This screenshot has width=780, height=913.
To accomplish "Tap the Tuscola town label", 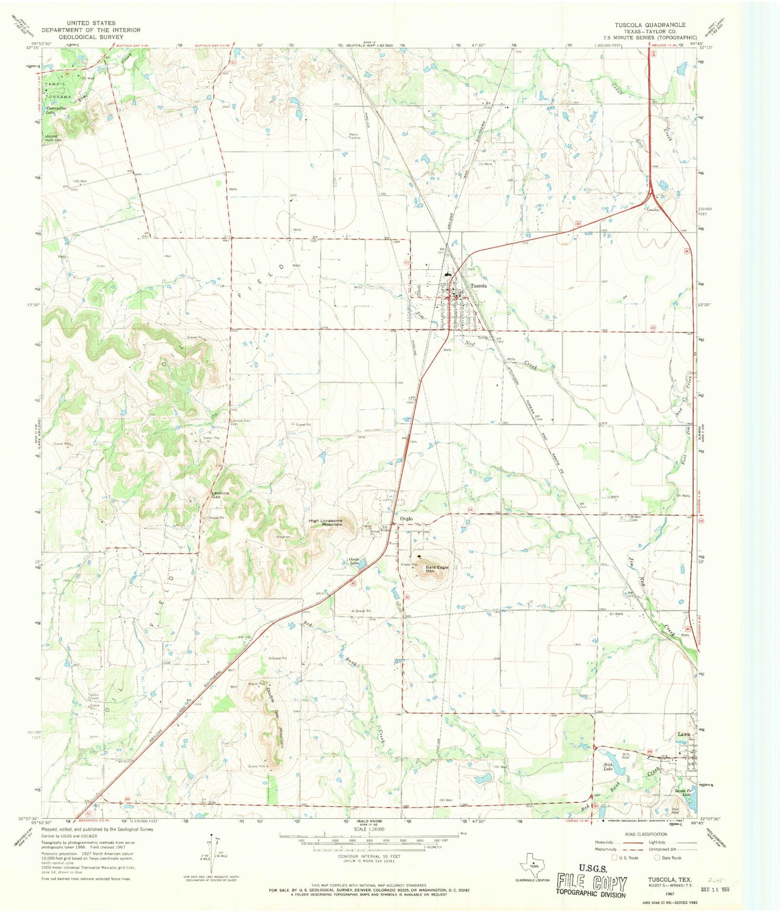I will point(478,286).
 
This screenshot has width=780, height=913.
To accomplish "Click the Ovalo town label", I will point(406,519).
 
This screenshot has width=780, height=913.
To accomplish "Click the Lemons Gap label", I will point(220,494).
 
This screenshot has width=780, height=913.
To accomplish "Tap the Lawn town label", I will point(684,735).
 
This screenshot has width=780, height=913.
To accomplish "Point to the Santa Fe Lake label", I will point(683,791).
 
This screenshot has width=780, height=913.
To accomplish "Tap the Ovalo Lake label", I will point(354,561).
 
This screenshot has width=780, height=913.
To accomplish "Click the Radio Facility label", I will point(355,136).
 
